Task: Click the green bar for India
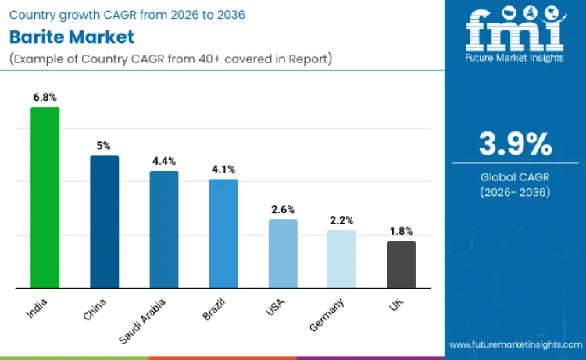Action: [x=45, y=198]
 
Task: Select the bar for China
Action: [x=104, y=222]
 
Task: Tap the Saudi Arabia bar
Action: [x=164, y=230]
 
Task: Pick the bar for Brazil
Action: [x=223, y=233]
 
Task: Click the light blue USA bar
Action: [x=283, y=254]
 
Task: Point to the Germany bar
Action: [x=341, y=259]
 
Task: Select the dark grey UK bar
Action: [x=402, y=265]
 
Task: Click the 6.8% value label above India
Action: [x=45, y=97]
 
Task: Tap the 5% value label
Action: [x=104, y=145]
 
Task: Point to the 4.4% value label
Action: [x=164, y=161]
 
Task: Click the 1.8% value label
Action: [x=402, y=231]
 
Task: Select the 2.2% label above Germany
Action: [x=341, y=220]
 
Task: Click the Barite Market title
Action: [x=72, y=37]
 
